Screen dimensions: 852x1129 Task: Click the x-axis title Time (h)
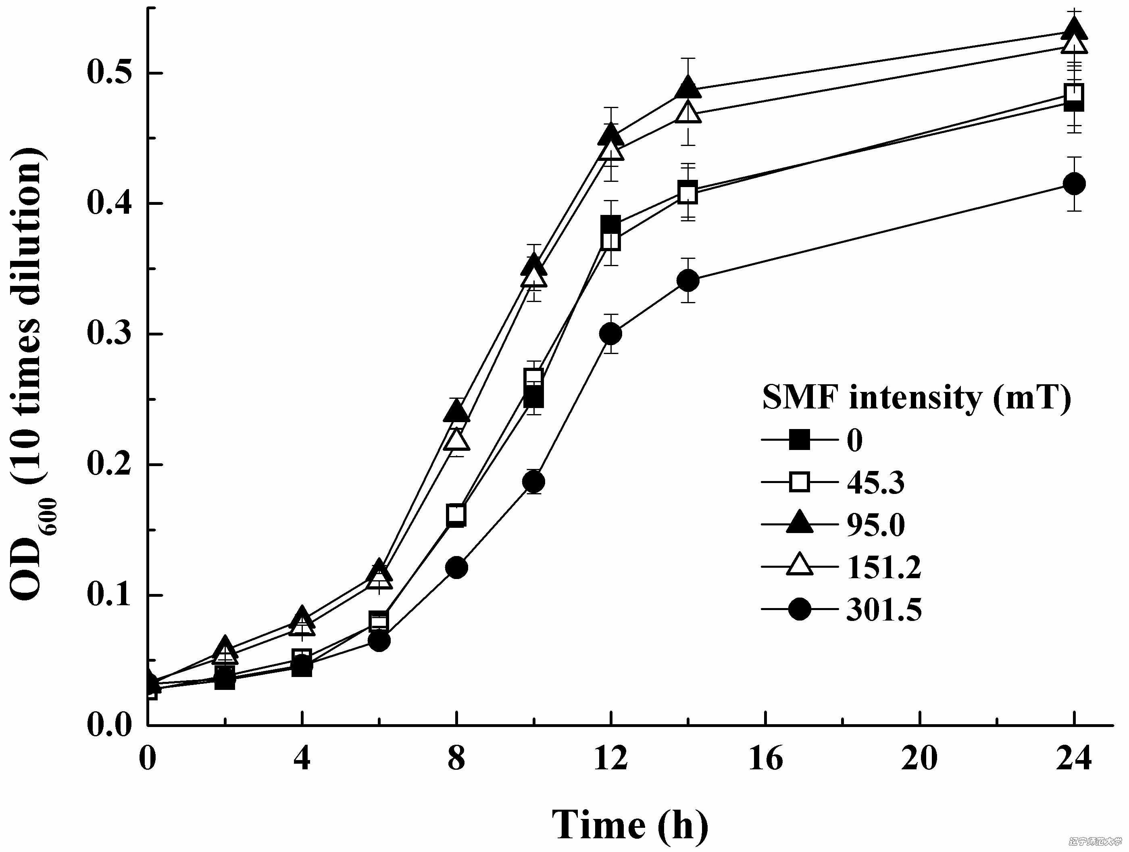tap(630, 825)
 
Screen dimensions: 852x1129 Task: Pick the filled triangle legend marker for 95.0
tap(799, 524)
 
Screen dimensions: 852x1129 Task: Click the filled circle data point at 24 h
tap(1075, 184)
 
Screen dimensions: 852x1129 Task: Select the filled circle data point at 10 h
tap(534, 481)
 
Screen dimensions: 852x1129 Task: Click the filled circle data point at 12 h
tap(611, 334)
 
